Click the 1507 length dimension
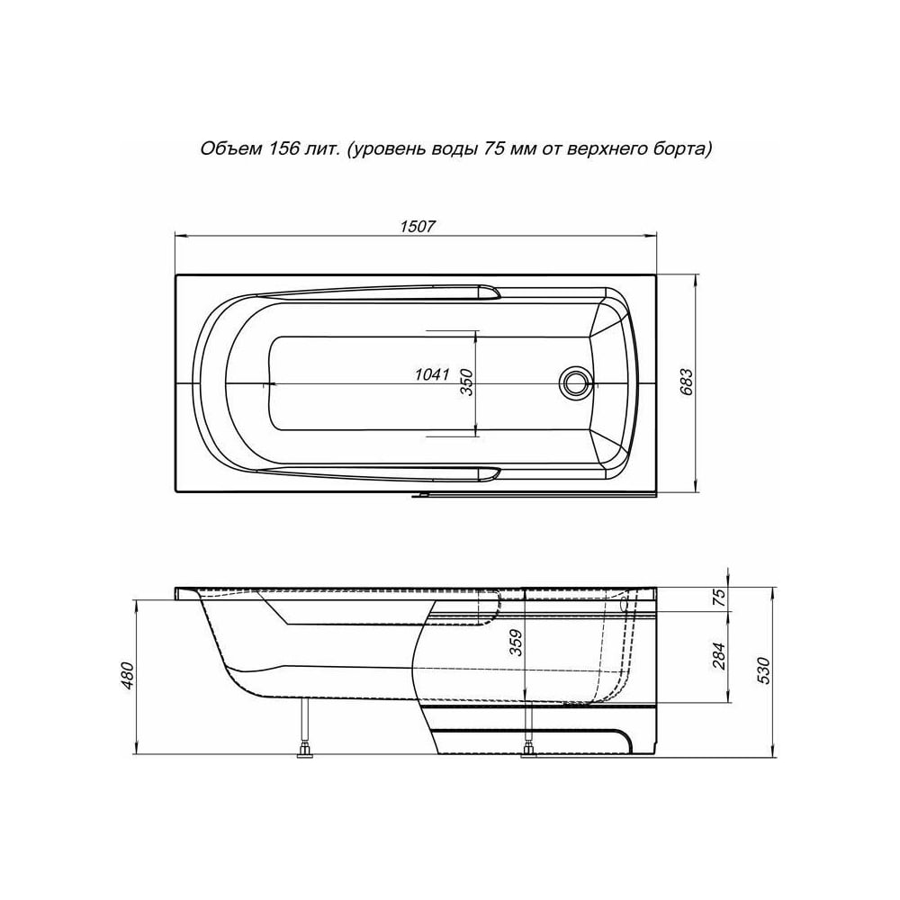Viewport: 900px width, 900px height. pos(418,227)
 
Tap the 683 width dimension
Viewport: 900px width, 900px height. pos(687,382)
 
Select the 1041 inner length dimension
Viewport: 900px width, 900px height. pos(432,374)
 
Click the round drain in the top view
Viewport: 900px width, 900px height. pos(574,381)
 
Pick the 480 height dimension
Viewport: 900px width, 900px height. pos(128,676)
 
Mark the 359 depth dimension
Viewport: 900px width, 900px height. pos(516,643)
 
